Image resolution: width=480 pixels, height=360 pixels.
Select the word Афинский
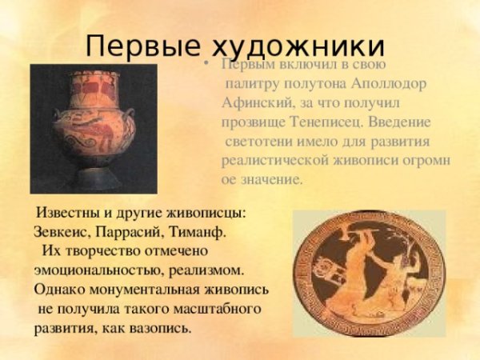(x=254, y=104)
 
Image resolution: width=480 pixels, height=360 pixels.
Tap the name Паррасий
(x=130, y=232)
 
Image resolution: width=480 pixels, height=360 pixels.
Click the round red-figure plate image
(x=367, y=273)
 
